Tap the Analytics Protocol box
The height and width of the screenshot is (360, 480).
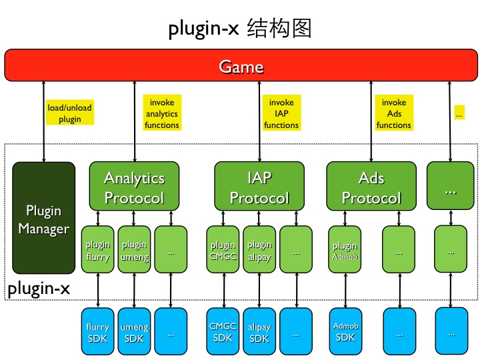click(134, 187)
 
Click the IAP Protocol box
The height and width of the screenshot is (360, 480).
click(259, 187)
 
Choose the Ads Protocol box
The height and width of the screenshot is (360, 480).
click(371, 187)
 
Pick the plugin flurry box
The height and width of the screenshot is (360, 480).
click(97, 249)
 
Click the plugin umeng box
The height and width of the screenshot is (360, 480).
click(134, 249)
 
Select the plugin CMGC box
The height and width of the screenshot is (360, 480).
click(223, 249)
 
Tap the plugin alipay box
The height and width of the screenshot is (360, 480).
click(259, 249)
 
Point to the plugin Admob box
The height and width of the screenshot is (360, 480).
click(345, 249)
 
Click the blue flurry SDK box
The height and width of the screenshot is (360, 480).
click(97, 331)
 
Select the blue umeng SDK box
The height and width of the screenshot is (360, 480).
click(134, 331)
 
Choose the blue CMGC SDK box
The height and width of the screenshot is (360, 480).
click(223, 331)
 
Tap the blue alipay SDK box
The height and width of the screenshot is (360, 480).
click(259, 331)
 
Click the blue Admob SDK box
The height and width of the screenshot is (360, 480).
click(345, 331)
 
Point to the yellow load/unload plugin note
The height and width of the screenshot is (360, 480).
click(70, 113)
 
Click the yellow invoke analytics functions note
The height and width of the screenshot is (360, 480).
click(162, 113)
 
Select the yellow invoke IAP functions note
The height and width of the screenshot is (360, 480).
click(281, 113)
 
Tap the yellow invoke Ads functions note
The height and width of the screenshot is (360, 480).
click(394, 113)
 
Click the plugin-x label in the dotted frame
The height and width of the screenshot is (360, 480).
click(38, 289)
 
